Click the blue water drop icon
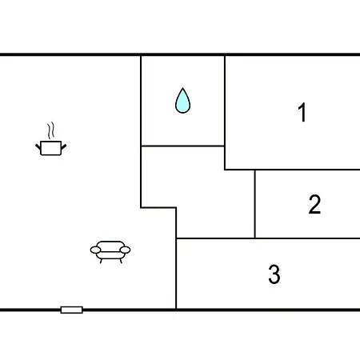tap(182, 102)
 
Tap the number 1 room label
tap(302, 112)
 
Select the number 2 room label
tap(314, 204)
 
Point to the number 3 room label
tap(274, 274)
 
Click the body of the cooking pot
tap(51, 148)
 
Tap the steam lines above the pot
tap(51, 130)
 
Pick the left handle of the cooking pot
tap(38, 146)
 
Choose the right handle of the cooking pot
tap(64, 146)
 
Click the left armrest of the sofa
tap(95, 250)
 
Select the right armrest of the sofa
tap(125, 250)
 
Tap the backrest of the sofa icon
tap(110, 246)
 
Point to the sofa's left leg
tap(101, 261)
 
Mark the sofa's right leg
tap(121, 261)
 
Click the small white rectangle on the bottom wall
tap(71, 310)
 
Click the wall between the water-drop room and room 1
tap(225, 113)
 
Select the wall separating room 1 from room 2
tap(292, 170)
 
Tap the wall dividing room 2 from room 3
tap(268, 238)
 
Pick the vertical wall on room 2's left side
tap(255, 204)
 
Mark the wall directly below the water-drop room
tap(182, 146)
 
